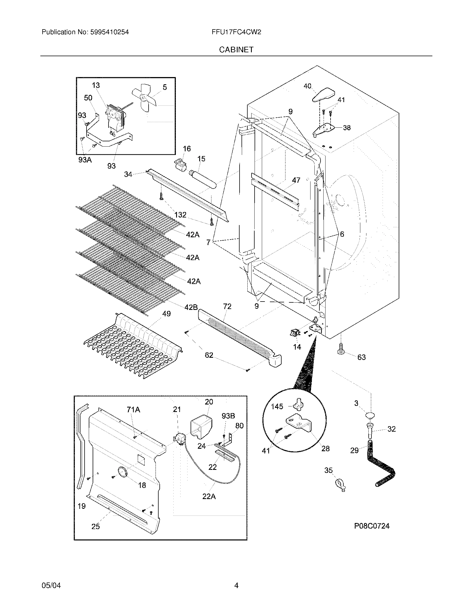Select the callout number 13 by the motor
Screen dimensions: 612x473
(x=96, y=85)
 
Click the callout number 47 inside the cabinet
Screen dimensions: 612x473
(x=296, y=180)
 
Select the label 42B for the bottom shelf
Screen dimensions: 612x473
(x=191, y=307)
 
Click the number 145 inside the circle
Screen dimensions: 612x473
(x=277, y=407)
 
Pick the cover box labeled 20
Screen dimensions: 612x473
(x=201, y=427)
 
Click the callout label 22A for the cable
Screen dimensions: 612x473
(x=209, y=496)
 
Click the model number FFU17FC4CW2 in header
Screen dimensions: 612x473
(x=236, y=32)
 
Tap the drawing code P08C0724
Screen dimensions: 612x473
(x=371, y=526)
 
